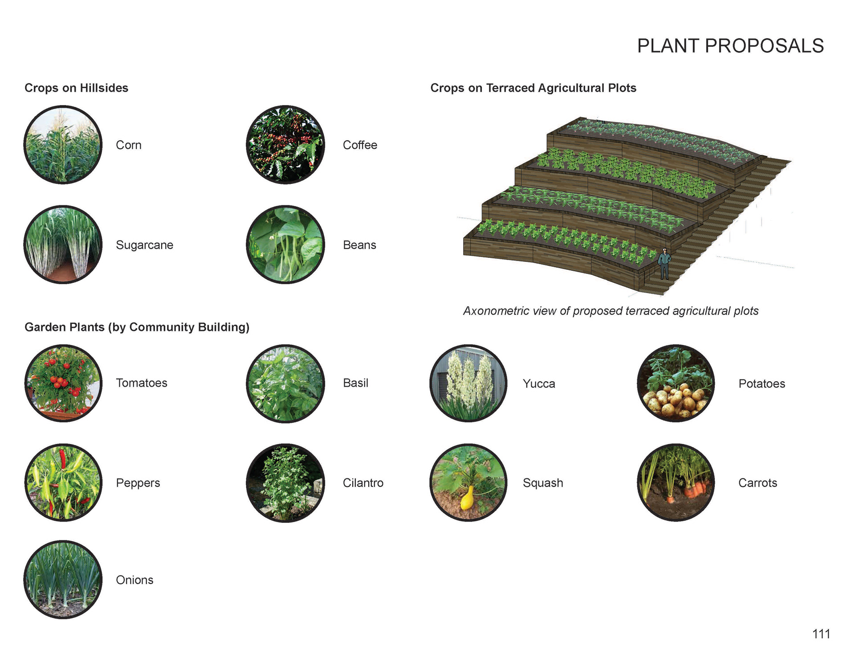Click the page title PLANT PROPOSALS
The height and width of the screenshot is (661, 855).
730,46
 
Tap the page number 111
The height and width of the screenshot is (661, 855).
821,634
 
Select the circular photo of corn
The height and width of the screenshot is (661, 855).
63,145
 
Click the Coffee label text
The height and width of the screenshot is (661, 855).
360,145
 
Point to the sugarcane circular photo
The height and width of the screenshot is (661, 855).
63,245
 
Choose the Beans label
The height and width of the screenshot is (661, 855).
359,245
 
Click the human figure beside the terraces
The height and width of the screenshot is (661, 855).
664,264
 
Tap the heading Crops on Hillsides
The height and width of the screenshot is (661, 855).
76,88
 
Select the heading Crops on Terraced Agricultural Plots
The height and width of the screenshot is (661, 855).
533,88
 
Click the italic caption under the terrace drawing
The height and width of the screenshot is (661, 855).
611,311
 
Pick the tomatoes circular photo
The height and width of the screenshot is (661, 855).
63,383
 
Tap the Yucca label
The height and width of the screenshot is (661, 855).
539,384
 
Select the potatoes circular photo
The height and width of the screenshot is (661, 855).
676,383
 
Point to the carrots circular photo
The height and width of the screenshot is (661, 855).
676,482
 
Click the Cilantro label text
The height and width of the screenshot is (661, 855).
363,483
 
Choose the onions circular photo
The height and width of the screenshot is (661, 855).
63,579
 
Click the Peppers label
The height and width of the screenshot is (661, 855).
138,483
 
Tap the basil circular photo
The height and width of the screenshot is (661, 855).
285,383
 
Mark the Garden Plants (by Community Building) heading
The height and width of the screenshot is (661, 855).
137,327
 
